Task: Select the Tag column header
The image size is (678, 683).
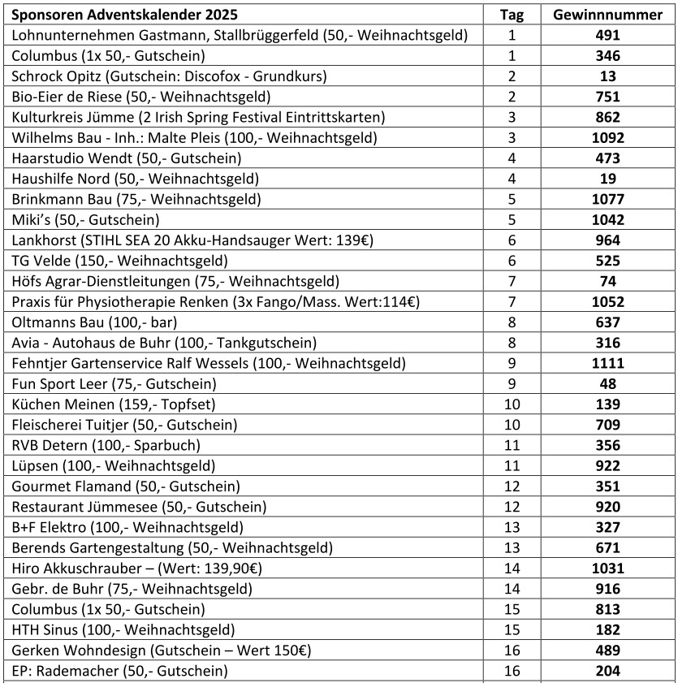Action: coord(512,15)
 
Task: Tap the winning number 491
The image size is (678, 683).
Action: coord(607,35)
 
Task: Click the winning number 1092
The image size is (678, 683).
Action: coord(607,138)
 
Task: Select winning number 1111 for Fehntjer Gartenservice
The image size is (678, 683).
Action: coord(607,363)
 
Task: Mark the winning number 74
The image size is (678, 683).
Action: coord(607,281)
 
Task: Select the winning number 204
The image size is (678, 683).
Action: coord(607,671)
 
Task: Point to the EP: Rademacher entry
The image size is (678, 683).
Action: coord(119,671)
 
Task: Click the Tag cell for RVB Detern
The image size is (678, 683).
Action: coord(512,445)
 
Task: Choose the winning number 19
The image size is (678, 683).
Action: coord(607,179)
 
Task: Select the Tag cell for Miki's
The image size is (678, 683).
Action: coord(512,220)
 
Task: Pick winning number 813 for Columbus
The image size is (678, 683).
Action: coord(607,609)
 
